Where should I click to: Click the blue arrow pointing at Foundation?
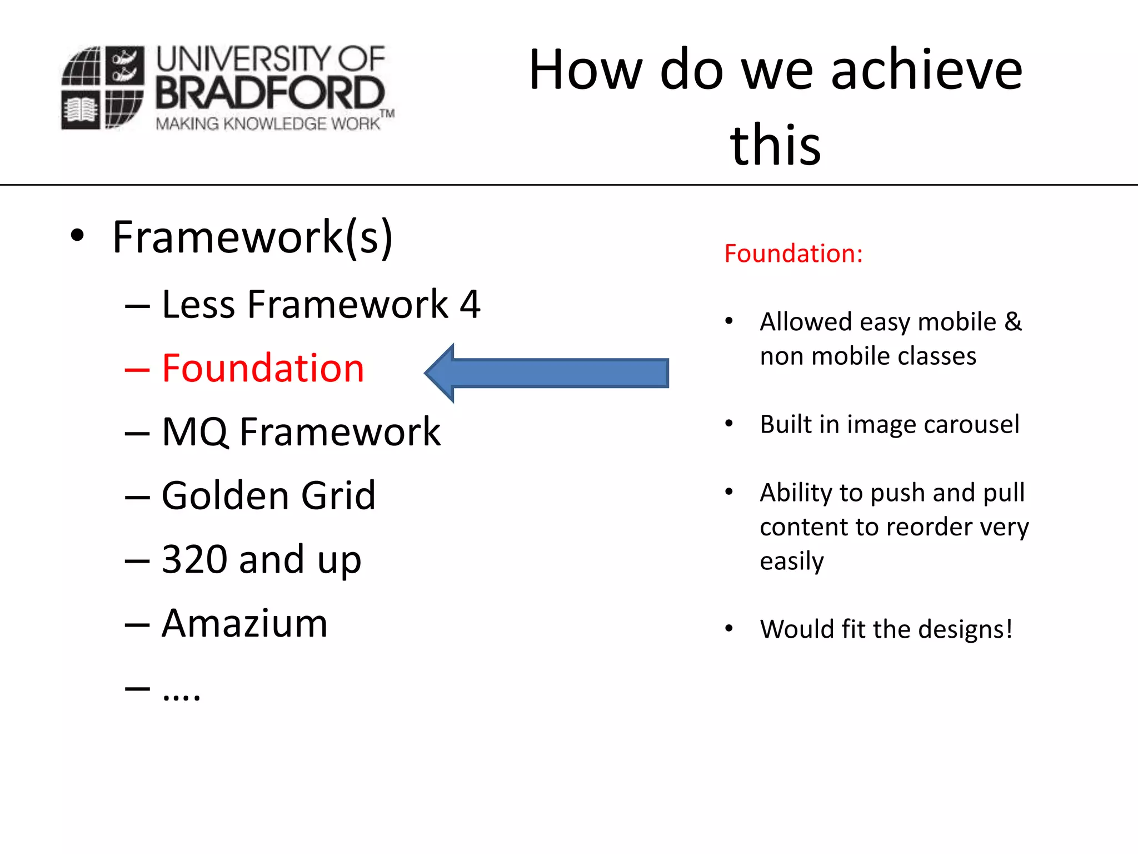click(x=547, y=373)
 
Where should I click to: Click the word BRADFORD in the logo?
click(x=270, y=92)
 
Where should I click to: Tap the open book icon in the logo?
click(x=81, y=110)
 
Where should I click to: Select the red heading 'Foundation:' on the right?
click(x=793, y=254)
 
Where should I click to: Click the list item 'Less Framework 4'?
click(x=321, y=305)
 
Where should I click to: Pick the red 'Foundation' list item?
click(x=263, y=368)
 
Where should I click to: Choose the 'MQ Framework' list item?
click(x=301, y=432)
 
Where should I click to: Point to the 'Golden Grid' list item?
click(x=268, y=495)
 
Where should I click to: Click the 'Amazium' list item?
click(x=244, y=623)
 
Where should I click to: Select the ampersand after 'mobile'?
click(x=1013, y=322)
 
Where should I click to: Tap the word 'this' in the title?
click(x=775, y=146)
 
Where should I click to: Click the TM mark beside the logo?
click(x=387, y=114)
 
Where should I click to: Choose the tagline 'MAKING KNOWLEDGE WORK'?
click(x=268, y=123)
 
